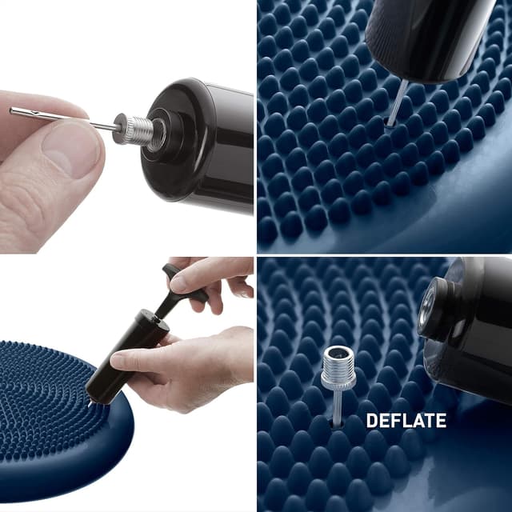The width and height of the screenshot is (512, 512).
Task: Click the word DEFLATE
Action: [x=406, y=420]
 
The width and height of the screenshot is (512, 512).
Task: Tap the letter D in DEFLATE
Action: [x=371, y=420]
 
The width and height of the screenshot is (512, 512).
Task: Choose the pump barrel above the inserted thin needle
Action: [x=428, y=36]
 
